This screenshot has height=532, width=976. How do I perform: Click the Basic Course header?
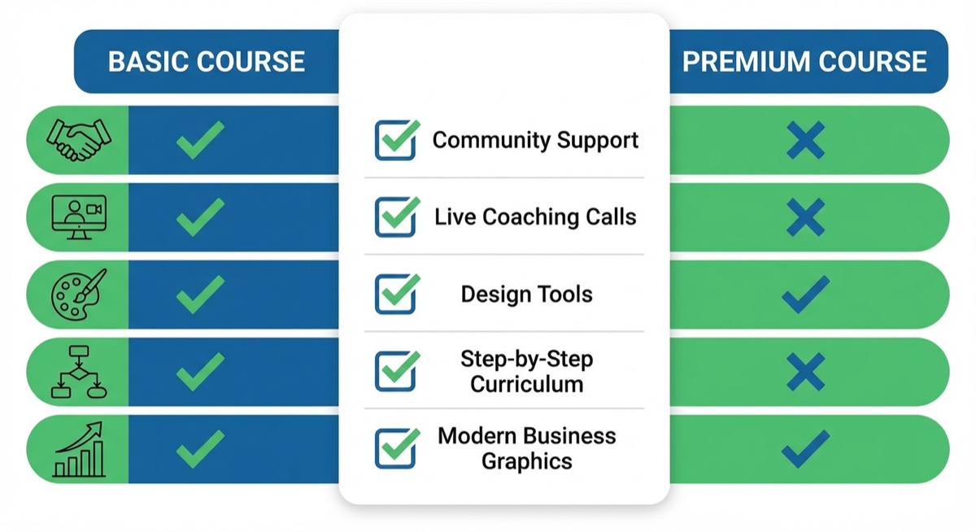(x=207, y=62)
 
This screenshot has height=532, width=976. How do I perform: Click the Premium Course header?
(x=804, y=62)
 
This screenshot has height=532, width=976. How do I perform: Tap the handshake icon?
(x=79, y=140)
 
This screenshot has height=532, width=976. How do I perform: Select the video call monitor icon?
(x=79, y=217)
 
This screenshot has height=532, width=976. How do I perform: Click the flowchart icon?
(x=79, y=372)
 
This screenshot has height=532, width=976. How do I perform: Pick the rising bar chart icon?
(x=79, y=449)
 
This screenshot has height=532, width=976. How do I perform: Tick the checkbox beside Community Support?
(x=396, y=140)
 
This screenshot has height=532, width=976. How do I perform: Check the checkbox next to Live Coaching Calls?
(x=396, y=217)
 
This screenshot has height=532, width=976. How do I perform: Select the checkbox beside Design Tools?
(x=396, y=294)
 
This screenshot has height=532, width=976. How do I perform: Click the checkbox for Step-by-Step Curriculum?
(x=396, y=372)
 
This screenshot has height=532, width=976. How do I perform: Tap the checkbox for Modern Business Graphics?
(x=396, y=449)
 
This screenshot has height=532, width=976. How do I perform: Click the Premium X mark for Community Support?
(x=805, y=141)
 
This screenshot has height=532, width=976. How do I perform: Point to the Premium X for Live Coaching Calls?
(x=805, y=218)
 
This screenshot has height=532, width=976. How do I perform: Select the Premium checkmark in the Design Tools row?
(x=805, y=294)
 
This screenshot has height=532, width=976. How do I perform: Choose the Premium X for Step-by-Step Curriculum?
(x=805, y=372)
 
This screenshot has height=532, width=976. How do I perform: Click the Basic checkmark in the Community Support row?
(x=199, y=140)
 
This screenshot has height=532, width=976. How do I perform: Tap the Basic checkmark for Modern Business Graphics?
(x=199, y=449)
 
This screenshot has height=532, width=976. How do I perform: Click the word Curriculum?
(x=526, y=384)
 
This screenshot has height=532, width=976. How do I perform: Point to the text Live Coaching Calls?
(x=535, y=217)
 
